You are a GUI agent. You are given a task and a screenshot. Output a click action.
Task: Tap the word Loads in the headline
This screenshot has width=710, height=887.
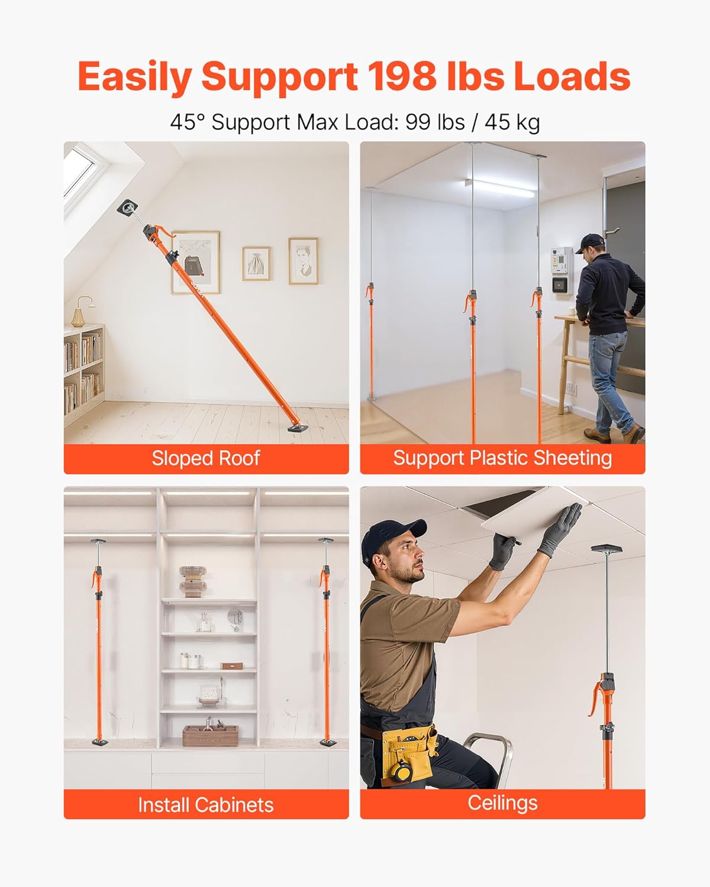[572, 77]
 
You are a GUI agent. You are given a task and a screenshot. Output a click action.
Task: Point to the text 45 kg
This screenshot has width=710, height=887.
[512, 122]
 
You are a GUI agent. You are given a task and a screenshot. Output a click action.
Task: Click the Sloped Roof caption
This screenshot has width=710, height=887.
[206, 458]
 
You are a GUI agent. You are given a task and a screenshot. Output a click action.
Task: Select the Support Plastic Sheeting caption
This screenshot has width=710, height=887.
[502, 458]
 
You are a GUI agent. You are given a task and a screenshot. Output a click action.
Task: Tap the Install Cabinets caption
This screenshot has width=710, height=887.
[206, 805]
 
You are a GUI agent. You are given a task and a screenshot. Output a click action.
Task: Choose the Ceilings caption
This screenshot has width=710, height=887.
[502, 803]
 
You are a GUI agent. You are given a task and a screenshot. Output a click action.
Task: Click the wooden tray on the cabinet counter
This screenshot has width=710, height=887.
[210, 736]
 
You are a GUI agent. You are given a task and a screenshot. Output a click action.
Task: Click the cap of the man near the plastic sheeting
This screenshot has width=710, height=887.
[592, 242]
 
